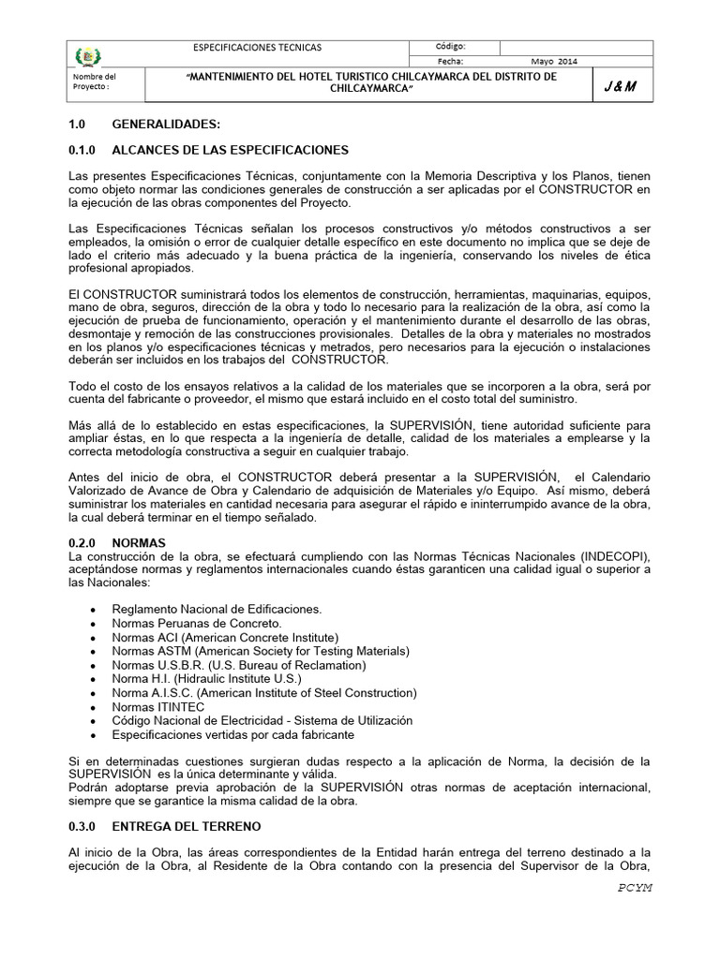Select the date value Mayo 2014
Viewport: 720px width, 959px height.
tap(555, 62)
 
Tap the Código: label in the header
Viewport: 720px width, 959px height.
tap(450, 47)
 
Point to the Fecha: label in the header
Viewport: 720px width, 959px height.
tap(449, 62)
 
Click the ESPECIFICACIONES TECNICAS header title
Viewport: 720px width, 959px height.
tap(256, 47)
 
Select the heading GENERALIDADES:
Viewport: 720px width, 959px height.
tap(167, 125)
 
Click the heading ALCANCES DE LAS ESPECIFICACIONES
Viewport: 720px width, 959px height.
tap(230, 150)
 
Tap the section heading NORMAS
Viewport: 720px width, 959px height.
tap(139, 542)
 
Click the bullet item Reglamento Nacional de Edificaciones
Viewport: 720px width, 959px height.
tap(216, 609)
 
